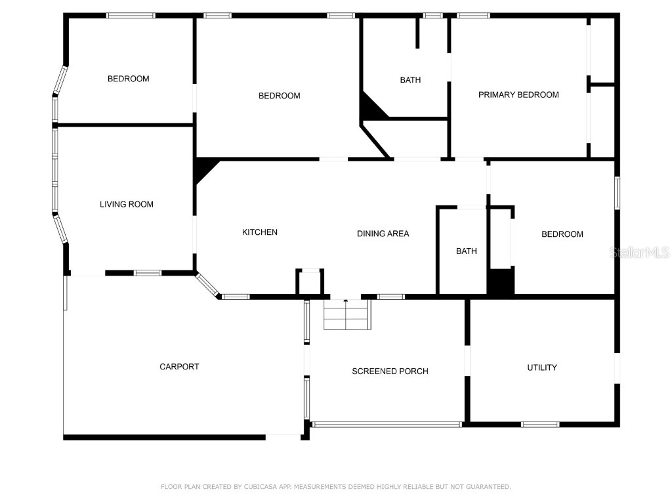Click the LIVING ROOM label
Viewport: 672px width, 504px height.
(x=127, y=204)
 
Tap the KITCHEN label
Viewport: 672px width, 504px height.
(x=260, y=232)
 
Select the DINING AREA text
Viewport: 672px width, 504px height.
(x=383, y=234)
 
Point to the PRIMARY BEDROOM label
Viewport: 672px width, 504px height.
(x=518, y=94)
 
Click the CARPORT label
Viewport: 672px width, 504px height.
(x=179, y=367)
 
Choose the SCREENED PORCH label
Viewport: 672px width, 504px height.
(x=390, y=371)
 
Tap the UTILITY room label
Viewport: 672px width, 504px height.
(x=542, y=367)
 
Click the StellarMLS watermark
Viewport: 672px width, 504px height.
(x=639, y=252)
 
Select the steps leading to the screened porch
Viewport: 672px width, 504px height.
(x=347, y=315)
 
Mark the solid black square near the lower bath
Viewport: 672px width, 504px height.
(x=500, y=282)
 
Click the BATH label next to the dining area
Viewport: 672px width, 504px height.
(x=467, y=251)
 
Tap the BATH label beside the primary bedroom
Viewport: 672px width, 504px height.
(x=410, y=80)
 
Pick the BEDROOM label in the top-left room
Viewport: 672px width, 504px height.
(x=128, y=79)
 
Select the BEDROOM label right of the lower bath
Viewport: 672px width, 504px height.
(x=562, y=234)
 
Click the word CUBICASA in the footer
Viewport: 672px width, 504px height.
(x=259, y=487)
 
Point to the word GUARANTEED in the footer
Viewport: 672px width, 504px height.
(x=486, y=487)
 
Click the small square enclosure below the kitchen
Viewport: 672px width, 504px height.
(x=310, y=282)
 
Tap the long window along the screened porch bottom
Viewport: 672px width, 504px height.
(x=387, y=425)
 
